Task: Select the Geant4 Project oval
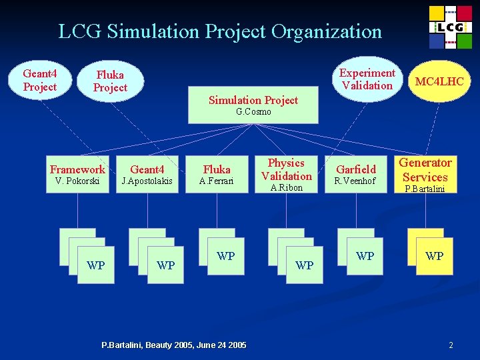39,80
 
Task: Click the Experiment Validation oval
367,79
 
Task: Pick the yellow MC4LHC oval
439,81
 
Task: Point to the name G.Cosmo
253,112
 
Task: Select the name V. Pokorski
77,181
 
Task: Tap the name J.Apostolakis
147,181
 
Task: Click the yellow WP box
434,256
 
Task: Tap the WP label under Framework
96,265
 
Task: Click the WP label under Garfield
365,256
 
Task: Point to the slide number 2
451,345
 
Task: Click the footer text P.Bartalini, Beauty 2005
173,345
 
